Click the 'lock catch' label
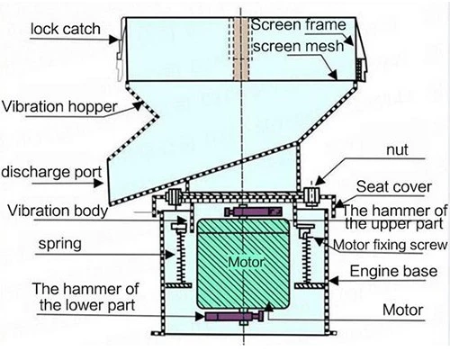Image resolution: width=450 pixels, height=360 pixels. coord(66,29)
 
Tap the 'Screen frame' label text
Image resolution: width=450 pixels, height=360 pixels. coord(299,24)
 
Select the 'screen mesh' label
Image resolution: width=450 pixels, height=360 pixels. coord(299,46)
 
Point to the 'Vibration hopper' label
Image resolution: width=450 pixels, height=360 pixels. coord(59,107)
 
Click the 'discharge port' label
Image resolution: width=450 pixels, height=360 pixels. coord(51,172)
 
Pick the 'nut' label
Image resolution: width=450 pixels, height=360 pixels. coord(398,150)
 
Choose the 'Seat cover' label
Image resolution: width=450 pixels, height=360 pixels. coord(394,187)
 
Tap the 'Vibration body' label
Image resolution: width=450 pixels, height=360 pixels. coord(58,211)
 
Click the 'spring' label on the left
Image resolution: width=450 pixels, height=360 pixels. coord(60,244)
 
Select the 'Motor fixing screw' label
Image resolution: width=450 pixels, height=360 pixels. coord(390,245)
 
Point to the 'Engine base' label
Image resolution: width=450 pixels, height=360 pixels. coord(393,272)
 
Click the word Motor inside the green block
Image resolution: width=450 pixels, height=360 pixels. coord(246,263)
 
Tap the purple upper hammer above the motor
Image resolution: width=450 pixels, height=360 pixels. coord(254,211)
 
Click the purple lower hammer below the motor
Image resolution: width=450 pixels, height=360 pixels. coord(234,316)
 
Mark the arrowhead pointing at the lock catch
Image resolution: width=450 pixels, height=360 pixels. coord(113,40)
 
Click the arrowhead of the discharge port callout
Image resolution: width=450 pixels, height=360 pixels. coord(99,183)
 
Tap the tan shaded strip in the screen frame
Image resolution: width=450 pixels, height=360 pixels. coord(241,49)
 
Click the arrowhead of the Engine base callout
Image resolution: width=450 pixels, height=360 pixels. coord(334,281)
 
